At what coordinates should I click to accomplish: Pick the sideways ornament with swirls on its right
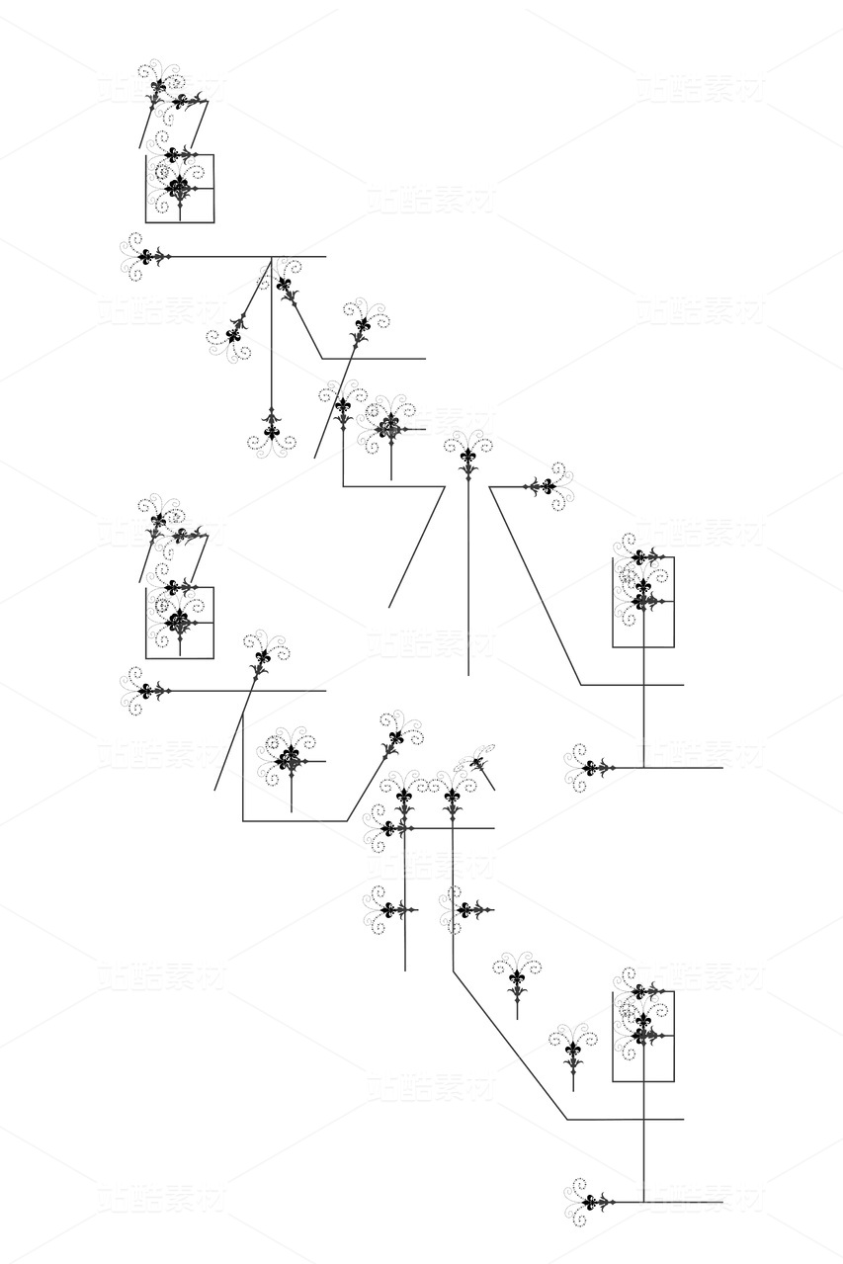547,486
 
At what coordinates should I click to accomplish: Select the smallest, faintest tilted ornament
477,762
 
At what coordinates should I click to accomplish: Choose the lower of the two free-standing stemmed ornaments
573,1050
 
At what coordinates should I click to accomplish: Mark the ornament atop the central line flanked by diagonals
467,457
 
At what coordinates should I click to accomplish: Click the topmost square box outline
180,188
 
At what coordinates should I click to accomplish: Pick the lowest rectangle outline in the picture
643,1036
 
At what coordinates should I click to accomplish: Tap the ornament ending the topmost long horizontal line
146,257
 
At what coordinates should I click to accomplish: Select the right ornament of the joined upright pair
453,797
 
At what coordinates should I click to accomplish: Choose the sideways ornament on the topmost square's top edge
175,154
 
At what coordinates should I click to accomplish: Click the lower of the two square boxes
180,623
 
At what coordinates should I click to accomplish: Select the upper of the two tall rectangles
643,602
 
